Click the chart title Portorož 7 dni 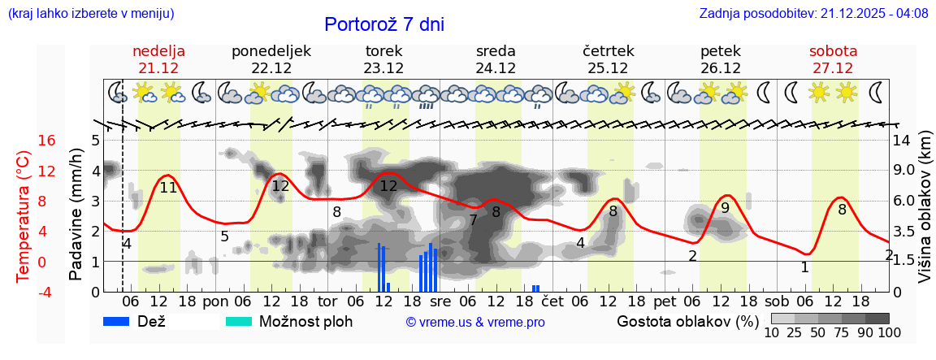pos(384,24)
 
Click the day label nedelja pos(159,51)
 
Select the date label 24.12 pos(496,68)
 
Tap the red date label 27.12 pos(833,68)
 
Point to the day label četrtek pos(609,51)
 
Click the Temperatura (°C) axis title pos(23,215)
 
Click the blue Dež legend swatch pos(122,321)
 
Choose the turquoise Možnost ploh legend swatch pos(240,321)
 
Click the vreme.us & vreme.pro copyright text pos(475,322)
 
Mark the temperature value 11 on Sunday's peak pos(168,187)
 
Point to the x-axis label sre pos(439,301)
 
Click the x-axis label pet pos(664,301)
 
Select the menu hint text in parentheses pos(91,13)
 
